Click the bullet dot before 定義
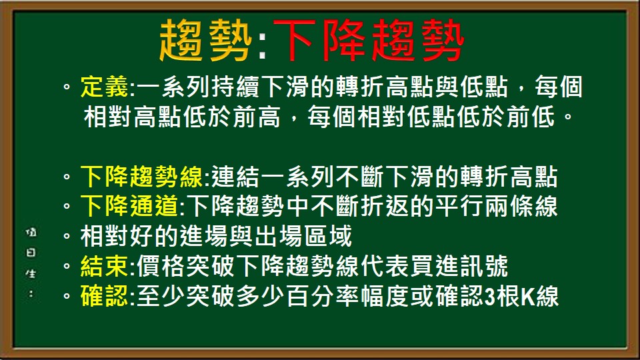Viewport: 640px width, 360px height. (x=67, y=88)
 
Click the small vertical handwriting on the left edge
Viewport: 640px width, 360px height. (x=30, y=260)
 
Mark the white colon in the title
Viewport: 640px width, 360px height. (x=261, y=44)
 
